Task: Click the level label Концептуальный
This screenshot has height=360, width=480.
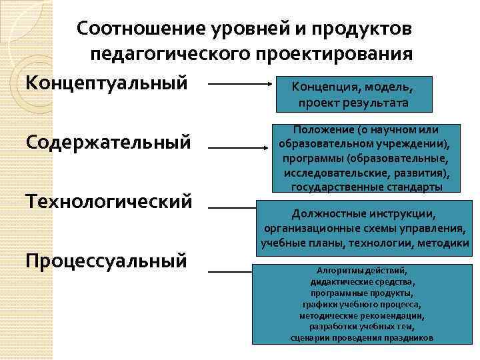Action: click(x=106, y=84)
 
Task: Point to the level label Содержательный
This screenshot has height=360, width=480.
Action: click(x=108, y=142)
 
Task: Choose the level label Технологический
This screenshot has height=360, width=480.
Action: click(x=109, y=201)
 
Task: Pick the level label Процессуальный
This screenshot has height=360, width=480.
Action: click(x=106, y=261)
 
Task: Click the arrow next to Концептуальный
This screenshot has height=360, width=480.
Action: click(x=240, y=85)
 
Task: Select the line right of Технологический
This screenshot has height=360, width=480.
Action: click(x=231, y=207)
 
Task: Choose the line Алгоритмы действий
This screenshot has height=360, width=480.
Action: click(x=361, y=270)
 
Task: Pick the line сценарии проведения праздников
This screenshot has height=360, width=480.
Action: click(x=362, y=338)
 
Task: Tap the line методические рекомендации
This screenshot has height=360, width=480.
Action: click(x=362, y=315)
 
